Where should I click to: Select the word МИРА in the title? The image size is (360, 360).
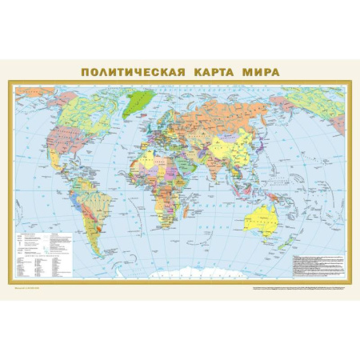(262, 71)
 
